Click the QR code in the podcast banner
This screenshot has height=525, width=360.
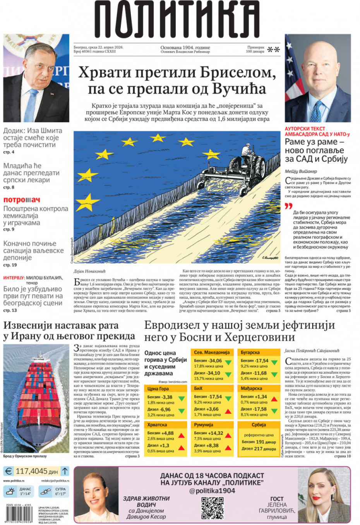pyautogui.click(x=213, y=508)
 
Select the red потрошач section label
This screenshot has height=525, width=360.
pyautogui.click(x=22, y=200)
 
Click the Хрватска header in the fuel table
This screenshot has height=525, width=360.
pyautogui.click(x=157, y=425)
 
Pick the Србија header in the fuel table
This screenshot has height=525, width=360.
pyautogui.click(x=259, y=425)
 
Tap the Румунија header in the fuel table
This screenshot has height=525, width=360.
pyautogui.click(x=204, y=425)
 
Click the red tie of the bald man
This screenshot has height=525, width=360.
pyautogui.click(x=317, y=110)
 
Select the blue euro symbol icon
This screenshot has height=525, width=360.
pyautogui.click(x=8, y=471)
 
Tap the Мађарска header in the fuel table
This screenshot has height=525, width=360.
pyautogui.click(x=252, y=388)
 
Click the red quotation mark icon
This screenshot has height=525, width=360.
pyautogui.click(x=288, y=207)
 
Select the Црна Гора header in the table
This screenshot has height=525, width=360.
pyautogui.click(x=158, y=388)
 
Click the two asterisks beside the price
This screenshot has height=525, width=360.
pyautogui.click(x=274, y=50)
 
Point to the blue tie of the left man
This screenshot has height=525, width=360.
pyautogui.click(x=31, y=104)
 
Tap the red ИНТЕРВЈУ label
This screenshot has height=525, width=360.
pyautogui.click(x=14, y=278)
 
